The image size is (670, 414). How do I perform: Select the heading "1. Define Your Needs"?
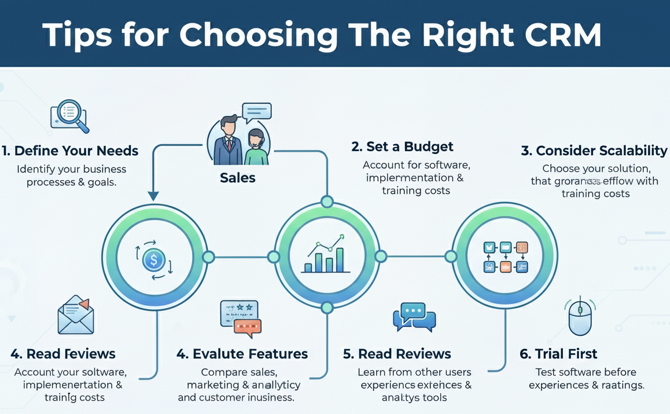[70, 151]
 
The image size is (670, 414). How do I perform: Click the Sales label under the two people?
[238, 177]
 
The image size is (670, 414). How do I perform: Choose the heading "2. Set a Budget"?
[402, 146]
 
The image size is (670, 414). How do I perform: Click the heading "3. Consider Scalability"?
[594, 151]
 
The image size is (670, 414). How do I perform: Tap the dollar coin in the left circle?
[153, 260]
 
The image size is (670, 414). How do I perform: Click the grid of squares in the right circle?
[505, 257]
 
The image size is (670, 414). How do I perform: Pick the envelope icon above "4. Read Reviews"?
[76, 316]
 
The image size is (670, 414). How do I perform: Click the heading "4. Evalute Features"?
[242, 353]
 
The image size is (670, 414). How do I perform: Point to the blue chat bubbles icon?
[414, 317]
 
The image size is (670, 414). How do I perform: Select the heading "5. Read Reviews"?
[396, 353]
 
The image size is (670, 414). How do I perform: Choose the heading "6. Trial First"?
[558, 353]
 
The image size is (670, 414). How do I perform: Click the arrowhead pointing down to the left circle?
[153, 196]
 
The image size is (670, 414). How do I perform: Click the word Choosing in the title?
[258, 35]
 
